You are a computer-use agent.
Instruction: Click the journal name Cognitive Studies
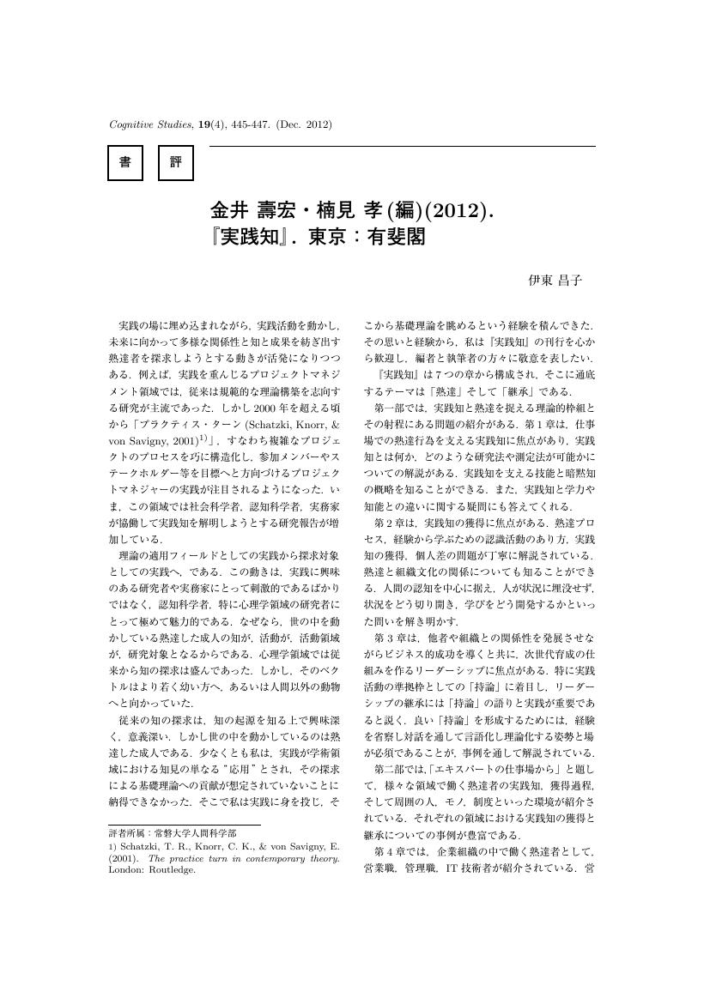149,125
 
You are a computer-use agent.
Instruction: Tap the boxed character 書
124,163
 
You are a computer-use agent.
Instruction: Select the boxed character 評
176,163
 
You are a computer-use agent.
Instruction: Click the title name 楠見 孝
339,211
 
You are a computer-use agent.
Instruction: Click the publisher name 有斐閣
397,236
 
